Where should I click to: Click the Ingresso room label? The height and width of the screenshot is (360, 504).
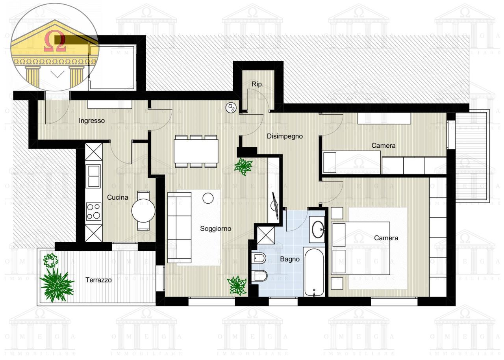point(92,121)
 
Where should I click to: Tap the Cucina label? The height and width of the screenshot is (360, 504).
point(117,198)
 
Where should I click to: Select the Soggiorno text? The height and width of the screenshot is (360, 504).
point(215,228)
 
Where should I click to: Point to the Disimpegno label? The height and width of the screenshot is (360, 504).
point(285,136)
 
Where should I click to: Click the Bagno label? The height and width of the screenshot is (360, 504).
point(290,259)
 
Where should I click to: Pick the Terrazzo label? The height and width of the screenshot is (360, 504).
point(98,280)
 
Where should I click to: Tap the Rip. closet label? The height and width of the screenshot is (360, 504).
point(258,84)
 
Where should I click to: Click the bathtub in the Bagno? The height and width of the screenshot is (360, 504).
point(314,273)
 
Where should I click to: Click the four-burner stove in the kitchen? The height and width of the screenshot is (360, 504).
point(94,212)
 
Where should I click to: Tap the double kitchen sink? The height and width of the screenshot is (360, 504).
point(93,176)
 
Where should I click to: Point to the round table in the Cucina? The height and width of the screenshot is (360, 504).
point(143,211)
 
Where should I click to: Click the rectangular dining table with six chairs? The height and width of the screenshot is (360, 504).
point(196,151)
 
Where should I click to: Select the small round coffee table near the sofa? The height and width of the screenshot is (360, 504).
point(208,198)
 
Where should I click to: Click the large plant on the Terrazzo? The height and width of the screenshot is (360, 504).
point(57,285)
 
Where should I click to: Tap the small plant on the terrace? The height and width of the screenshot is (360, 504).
point(50,260)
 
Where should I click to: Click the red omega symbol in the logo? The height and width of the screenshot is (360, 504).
point(55,41)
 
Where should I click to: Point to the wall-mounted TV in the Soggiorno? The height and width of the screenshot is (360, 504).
point(275,205)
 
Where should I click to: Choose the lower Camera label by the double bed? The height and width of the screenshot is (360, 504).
point(386,238)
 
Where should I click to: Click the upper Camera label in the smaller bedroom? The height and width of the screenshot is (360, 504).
point(384,146)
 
